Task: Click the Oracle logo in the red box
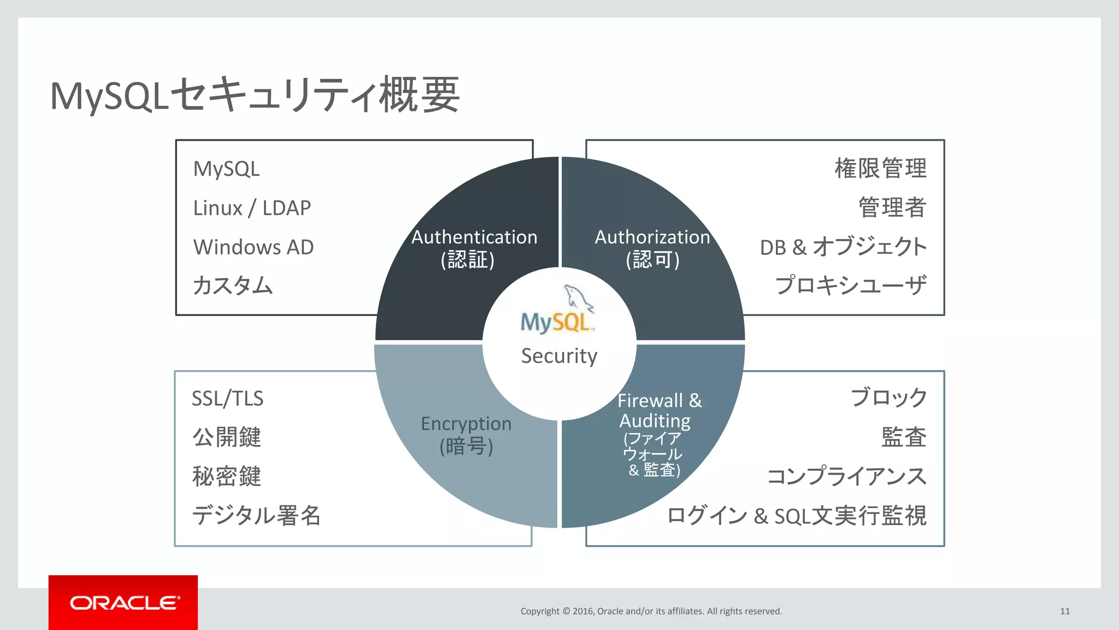click(124, 603)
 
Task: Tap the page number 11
click(1064, 611)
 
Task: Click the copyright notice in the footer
click(651, 611)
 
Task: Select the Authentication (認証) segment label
click(473, 248)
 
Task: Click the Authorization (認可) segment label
click(652, 248)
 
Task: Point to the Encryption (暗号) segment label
click(466, 435)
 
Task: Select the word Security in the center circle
click(559, 356)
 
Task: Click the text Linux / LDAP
click(252, 208)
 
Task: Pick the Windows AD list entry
click(254, 247)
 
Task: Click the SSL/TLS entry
click(227, 399)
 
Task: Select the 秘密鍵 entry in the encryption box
click(227, 476)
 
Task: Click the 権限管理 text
click(880, 168)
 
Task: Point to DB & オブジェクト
click(843, 247)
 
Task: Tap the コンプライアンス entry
click(847, 476)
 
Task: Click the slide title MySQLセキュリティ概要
click(255, 95)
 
